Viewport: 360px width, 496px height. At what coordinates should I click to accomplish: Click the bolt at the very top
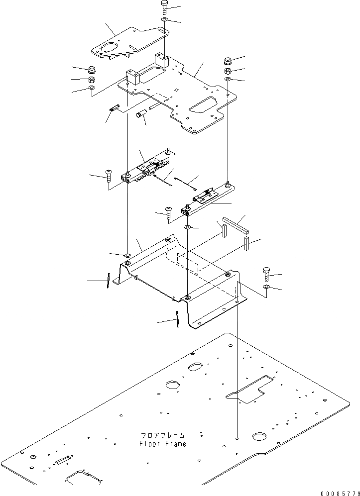[x=165, y=7]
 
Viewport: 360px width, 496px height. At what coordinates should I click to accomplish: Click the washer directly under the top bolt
[x=165, y=20]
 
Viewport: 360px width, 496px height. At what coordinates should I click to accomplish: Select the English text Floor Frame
[x=163, y=444]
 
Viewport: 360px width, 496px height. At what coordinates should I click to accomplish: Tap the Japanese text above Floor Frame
[x=163, y=435]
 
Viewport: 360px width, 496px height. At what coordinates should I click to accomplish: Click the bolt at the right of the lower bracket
[x=266, y=274]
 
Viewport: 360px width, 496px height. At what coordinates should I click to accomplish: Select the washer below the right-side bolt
[x=266, y=288]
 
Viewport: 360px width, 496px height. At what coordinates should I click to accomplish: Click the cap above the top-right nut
[x=228, y=61]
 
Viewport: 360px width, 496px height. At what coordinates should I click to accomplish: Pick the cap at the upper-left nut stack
[x=92, y=69]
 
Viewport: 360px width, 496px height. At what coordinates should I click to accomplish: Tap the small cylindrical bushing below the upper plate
[x=141, y=115]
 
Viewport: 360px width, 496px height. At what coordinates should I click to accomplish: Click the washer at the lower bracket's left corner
[x=127, y=255]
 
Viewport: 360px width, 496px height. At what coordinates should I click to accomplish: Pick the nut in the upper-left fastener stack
[x=92, y=80]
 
